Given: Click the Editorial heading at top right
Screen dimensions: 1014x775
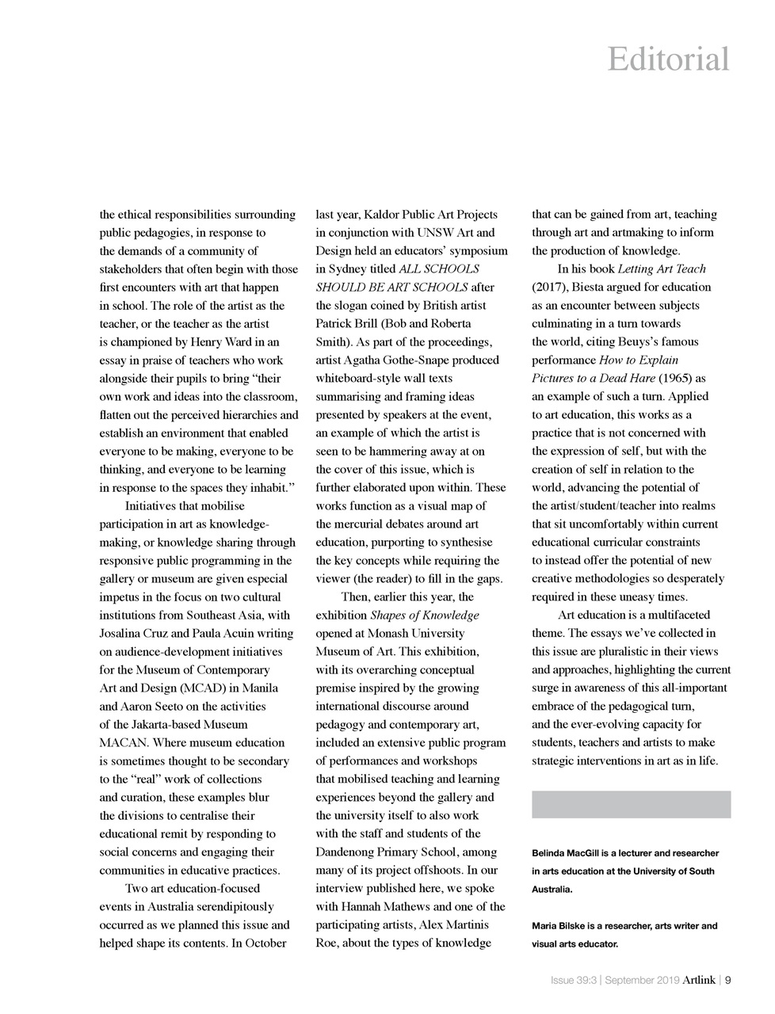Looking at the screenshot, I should pyautogui.click(x=668, y=59).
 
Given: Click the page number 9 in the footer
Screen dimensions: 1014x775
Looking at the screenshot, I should pyautogui.click(x=727, y=980).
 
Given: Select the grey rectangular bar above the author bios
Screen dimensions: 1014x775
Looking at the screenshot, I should pyautogui.click(x=631, y=804).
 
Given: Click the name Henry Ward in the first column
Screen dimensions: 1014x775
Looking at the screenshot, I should pyautogui.click(x=220, y=342).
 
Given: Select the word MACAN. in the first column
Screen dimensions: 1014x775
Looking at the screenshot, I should pyautogui.click(x=124, y=742).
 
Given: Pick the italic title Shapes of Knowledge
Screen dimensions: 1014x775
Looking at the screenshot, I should pyautogui.click(x=424, y=615).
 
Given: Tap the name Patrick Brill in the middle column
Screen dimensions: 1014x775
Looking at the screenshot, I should pyautogui.click(x=346, y=324).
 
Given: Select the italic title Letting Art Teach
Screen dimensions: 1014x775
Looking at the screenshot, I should pyautogui.click(x=661, y=269).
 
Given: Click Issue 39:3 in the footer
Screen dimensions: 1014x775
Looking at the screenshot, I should pyautogui.click(x=574, y=980).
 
